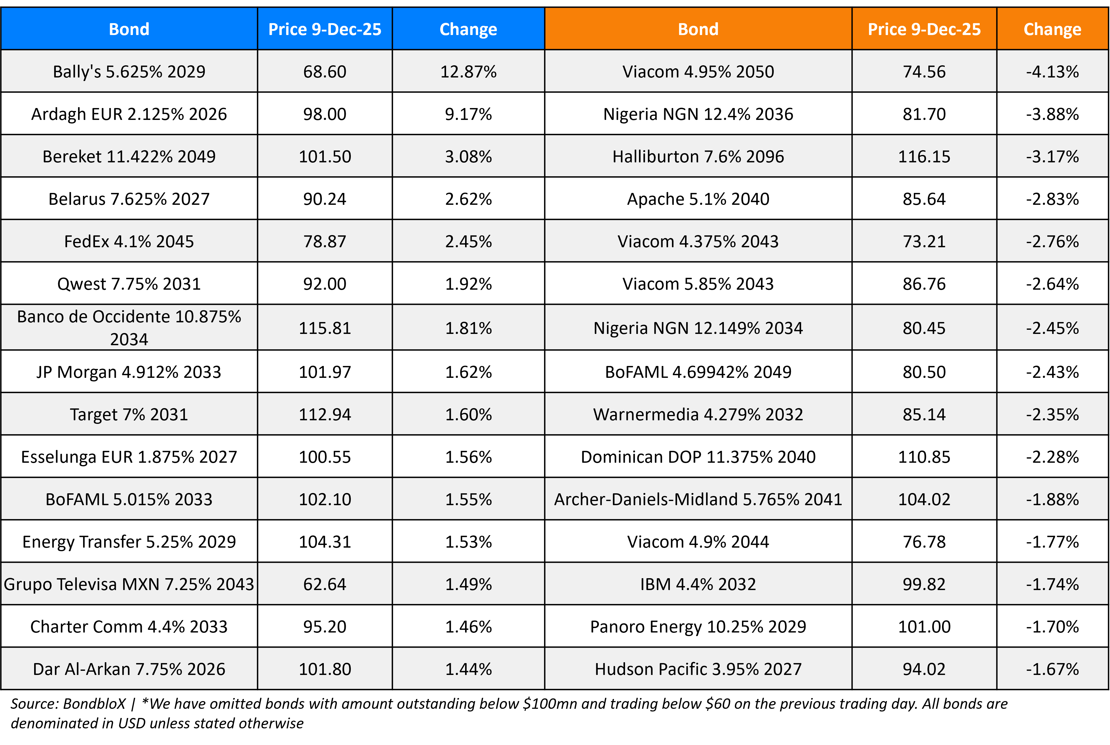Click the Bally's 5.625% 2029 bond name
point(129,72)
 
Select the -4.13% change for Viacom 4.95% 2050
point(1052,72)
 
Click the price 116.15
point(924,156)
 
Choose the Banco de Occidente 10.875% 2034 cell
point(129,327)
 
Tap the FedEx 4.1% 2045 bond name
point(129,241)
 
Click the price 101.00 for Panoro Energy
point(924,627)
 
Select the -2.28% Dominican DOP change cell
point(1052,456)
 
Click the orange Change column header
point(1052,29)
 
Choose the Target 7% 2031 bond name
point(129,414)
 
